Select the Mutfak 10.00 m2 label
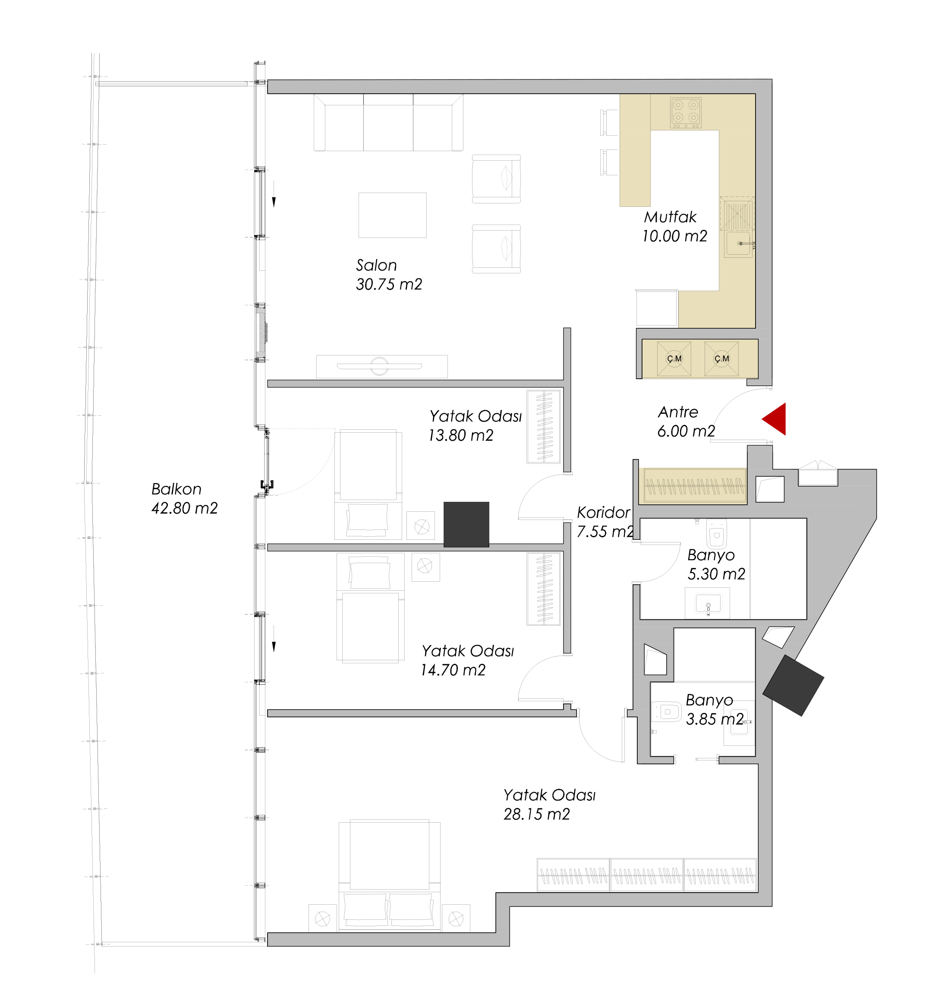point(675,226)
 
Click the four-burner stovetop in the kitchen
point(686,112)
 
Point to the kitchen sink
point(738,244)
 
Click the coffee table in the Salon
point(392,215)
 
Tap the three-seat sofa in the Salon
point(388,123)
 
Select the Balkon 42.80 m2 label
point(185,498)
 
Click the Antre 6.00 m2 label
point(686,421)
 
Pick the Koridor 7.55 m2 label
point(605,522)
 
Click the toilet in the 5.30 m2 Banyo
point(717,534)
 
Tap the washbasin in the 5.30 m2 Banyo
point(708,604)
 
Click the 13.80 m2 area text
point(460,435)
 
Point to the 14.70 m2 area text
point(453,670)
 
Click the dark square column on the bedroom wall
point(466,524)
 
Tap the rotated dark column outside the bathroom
point(793,685)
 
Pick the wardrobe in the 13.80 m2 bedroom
point(543,427)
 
